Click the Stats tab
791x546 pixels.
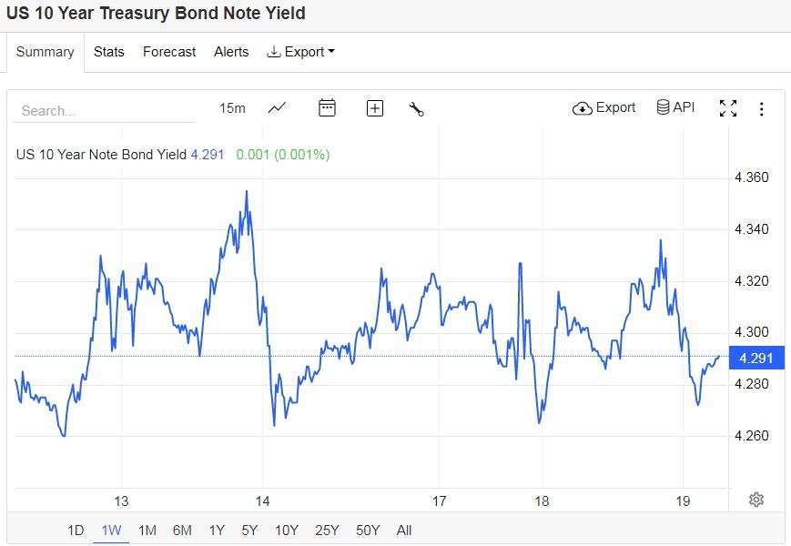tap(109, 52)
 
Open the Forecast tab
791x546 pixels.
tap(169, 52)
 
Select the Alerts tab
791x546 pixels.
tap(231, 52)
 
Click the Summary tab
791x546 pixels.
tap(45, 52)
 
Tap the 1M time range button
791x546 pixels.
tap(147, 531)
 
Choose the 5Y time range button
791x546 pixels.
tap(249, 531)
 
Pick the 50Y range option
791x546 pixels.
tap(368, 531)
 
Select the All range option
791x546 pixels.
tap(404, 531)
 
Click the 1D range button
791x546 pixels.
tap(76, 531)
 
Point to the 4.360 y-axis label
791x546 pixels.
tap(752, 177)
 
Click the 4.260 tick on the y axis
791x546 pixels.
tap(752, 436)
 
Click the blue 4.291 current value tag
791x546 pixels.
tap(756, 359)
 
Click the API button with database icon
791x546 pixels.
tap(675, 107)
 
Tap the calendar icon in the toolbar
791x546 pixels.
tap(327, 108)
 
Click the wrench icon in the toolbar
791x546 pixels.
tap(417, 109)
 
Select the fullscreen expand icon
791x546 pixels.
tap(728, 108)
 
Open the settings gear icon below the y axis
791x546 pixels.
tap(756, 500)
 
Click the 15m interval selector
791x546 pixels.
tap(232, 108)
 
